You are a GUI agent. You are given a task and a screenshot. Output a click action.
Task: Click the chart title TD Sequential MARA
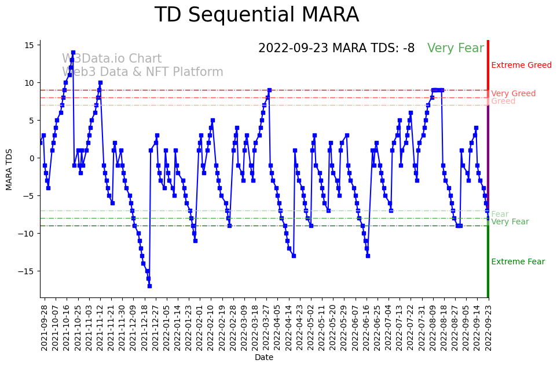256,15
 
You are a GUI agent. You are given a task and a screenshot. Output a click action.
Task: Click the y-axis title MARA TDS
9,169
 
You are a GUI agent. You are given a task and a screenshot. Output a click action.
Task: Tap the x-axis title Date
263,357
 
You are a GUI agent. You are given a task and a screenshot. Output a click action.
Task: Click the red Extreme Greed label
521,66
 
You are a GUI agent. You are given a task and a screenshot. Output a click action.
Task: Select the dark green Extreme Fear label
518,262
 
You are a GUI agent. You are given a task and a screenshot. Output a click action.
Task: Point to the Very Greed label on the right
513,94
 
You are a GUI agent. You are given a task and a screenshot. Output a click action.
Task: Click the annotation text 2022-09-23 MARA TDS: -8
336,49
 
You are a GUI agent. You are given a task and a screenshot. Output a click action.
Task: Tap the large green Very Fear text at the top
455,49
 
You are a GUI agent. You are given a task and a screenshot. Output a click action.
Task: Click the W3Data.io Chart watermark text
112,59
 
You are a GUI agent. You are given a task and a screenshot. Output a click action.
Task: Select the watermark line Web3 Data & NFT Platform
142,72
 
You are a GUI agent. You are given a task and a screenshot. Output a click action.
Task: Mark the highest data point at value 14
73,53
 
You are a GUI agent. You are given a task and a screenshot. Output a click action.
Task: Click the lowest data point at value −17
149,286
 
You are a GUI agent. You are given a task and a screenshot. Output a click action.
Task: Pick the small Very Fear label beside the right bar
510,222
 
